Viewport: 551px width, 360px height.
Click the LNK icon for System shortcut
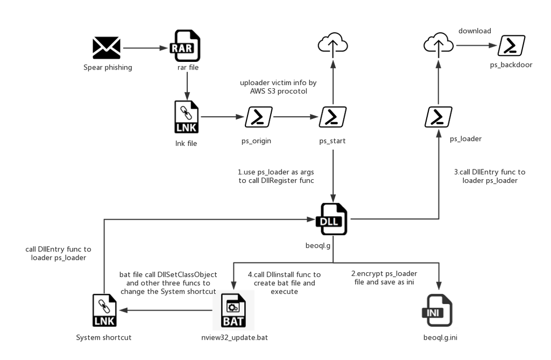(x=104, y=310)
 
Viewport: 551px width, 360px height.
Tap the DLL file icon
(x=332, y=219)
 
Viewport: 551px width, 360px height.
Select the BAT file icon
(x=233, y=310)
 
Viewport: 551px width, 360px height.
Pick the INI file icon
(x=438, y=310)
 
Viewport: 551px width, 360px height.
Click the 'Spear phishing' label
(x=108, y=68)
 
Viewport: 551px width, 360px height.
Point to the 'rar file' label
(x=188, y=68)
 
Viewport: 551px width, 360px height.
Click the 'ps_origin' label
(x=257, y=142)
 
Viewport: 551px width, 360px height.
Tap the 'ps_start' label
(x=333, y=142)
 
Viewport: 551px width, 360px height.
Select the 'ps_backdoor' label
(x=511, y=65)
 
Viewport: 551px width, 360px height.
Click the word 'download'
(x=475, y=31)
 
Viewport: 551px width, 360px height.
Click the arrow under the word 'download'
(x=477, y=46)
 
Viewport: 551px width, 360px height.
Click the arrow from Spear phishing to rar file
(x=146, y=48)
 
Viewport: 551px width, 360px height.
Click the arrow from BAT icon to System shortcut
(x=166, y=310)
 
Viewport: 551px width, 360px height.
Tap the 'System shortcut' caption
(x=104, y=337)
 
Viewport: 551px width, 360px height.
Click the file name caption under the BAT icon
(x=235, y=337)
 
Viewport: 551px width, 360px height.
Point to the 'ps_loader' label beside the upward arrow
(x=466, y=139)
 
